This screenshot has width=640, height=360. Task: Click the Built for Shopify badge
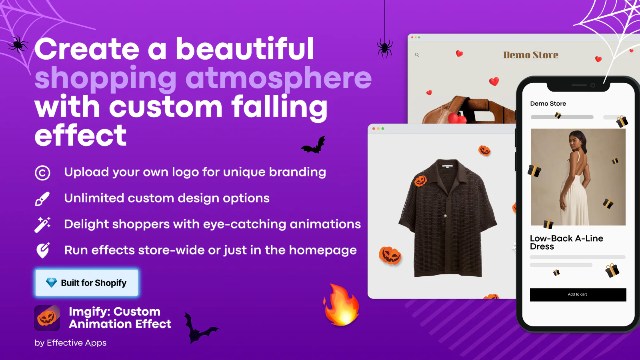[x=87, y=282]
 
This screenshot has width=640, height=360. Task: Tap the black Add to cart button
[x=578, y=294]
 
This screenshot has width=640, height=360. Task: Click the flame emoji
[x=341, y=305]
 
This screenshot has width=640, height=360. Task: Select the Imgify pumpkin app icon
[x=47, y=318]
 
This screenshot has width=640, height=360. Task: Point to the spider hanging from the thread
[x=384, y=48]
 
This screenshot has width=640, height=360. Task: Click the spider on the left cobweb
[x=18, y=44]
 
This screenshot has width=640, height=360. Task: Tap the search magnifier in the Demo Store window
[x=417, y=55]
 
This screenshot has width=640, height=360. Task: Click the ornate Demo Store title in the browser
[x=530, y=55]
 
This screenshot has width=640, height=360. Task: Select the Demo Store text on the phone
[x=548, y=104]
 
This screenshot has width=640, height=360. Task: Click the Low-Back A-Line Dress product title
[x=566, y=242]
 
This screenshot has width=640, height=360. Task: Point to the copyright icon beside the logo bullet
[x=42, y=173]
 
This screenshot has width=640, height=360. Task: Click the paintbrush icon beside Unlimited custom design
[x=42, y=199]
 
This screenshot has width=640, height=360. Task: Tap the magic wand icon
[x=42, y=225]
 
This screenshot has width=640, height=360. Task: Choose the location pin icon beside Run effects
[x=43, y=250]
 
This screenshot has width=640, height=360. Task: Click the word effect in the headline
[x=80, y=135]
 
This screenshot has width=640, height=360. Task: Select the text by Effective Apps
[x=70, y=343]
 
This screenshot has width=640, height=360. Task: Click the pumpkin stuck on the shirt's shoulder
[x=420, y=181]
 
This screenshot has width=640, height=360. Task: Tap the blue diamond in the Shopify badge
[x=52, y=282]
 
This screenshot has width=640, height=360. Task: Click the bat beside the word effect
[x=314, y=145]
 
